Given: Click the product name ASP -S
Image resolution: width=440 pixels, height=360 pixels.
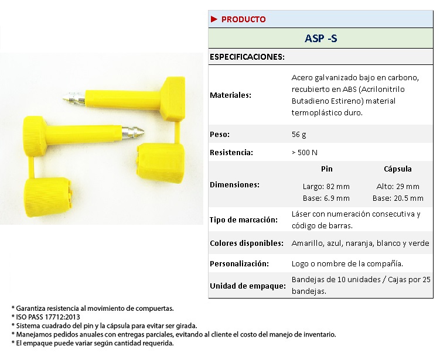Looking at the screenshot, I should pos(321,39).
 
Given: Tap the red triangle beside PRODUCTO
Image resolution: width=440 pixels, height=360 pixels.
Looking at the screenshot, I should pos(214,19).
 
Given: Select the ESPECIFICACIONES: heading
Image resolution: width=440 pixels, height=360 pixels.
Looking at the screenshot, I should pos(247,57).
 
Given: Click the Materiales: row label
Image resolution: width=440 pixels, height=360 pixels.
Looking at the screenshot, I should pos(230,95).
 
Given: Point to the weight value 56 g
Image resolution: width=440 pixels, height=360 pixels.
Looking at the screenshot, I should pos(299,135).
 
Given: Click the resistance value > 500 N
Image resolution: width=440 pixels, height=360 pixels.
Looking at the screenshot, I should pos(304,153).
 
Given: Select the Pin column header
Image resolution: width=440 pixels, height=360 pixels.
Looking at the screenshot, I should pos(327,169).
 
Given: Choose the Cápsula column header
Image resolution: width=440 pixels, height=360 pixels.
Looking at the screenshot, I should pos(397,169).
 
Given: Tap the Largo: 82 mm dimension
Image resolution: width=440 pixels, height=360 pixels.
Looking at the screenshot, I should pos(326,187).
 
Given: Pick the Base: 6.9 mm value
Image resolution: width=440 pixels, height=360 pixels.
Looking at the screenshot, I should pos(326,198).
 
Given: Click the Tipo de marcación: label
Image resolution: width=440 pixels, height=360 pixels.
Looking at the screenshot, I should pos(243,220).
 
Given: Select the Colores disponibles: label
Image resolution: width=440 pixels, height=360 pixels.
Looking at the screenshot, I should pos(247,243).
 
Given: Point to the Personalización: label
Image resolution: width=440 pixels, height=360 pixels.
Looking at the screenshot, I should pos(239,263).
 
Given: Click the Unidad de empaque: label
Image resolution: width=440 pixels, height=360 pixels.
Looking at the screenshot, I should pos(247,286).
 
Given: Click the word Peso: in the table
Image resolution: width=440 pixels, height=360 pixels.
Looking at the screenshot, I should pos(219,135).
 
